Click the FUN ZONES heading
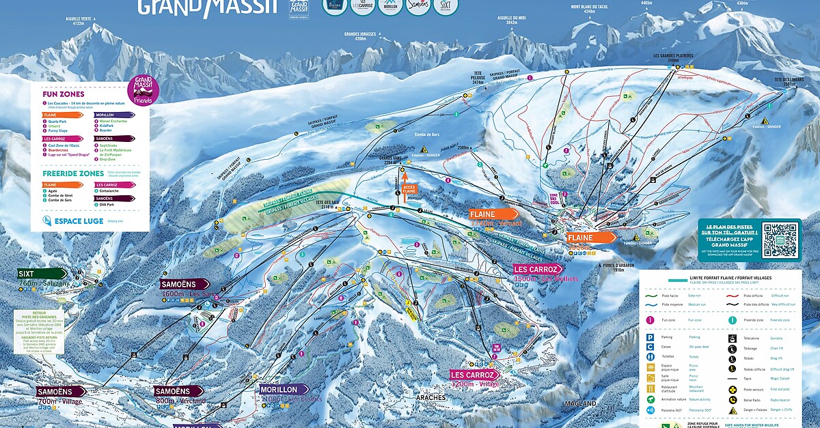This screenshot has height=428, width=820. pyautogui.click(x=64, y=94)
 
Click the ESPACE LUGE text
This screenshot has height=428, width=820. pyautogui.click(x=79, y=220)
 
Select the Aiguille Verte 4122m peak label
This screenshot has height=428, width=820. pyautogui.click(x=77, y=20)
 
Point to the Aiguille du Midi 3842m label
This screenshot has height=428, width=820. pyautogui.click(x=512, y=19)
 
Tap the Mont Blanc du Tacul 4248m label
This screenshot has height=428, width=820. pyautogui.click(x=590, y=8)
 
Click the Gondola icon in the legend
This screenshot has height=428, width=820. pyautogui.click(x=733, y=337)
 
